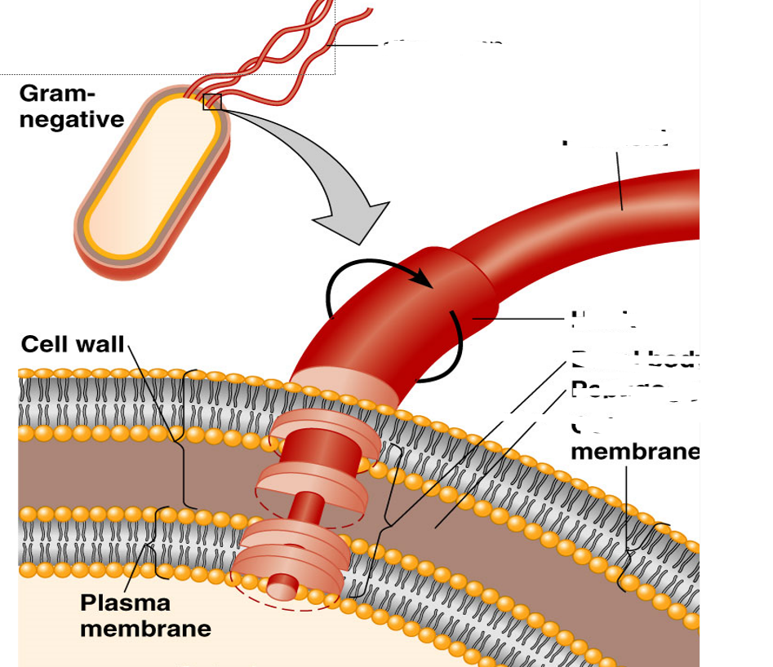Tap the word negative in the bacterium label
coord(72,119)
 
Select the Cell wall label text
coord(73,344)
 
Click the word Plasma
coord(125,603)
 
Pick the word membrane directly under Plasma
coord(145,629)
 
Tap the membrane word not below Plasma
coord(635,451)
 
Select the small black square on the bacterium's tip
coord(212,101)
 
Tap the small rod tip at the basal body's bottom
coord(282,586)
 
